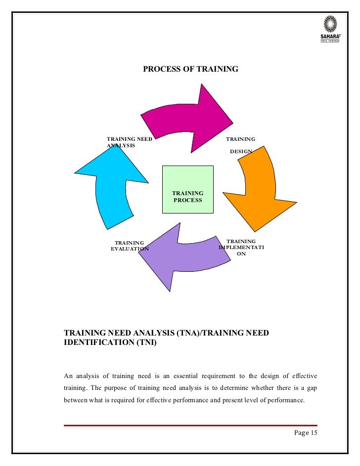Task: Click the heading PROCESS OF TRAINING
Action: tap(190, 69)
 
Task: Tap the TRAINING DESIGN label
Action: tap(241, 145)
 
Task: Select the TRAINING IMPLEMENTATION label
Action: tap(241, 247)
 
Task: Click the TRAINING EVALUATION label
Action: tap(130, 246)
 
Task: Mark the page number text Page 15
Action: tap(306, 433)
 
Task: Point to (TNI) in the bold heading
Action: tap(146, 344)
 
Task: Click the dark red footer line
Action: tap(190, 425)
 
